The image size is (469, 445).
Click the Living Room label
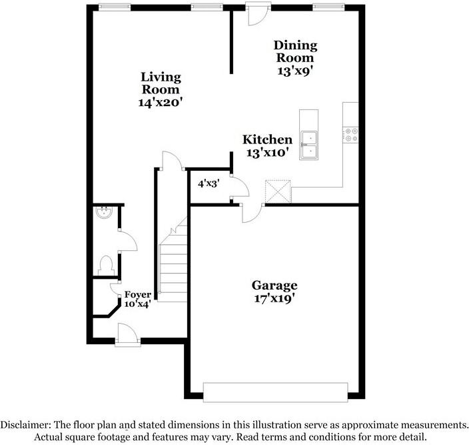click(x=161, y=83)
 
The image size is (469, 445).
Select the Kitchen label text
click(x=267, y=139)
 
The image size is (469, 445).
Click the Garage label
click(x=274, y=286)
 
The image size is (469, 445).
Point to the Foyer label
click(x=138, y=294)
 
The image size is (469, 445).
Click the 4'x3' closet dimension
click(x=209, y=181)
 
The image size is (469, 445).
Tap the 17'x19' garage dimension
click(x=274, y=300)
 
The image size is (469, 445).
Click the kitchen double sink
click(x=308, y=145)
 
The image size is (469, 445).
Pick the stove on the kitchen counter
click(x=350, y=135)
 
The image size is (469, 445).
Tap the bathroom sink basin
click(x=104, y=213)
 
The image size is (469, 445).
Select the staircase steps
click(x=174, y=260)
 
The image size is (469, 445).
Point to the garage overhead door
click(x=275, y=391)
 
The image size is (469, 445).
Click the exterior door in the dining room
click(x=254, y=15)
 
